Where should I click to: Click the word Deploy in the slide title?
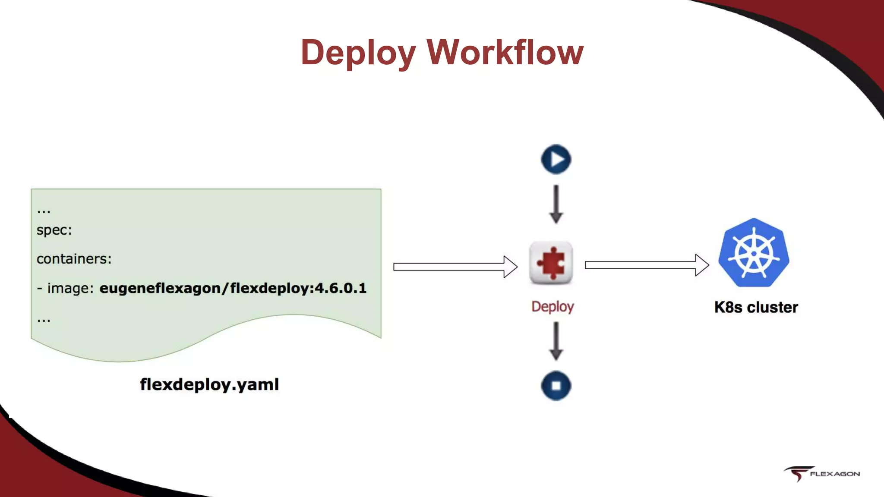tap(358, 53)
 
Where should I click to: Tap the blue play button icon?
tap(556, 159)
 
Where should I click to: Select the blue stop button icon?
tap(556, 386)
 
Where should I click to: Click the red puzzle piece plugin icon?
tap(551, 263)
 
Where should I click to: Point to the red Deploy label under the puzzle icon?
tap(552, 307)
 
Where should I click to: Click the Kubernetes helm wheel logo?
tap(754, 253)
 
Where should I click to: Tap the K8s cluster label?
tap(756, 308)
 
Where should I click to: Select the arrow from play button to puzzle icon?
tap(556, 204)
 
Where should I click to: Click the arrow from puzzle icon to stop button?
tap(556, 341)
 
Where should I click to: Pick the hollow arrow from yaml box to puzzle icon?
tap(455, 267)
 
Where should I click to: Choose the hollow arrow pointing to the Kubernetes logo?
tap(647, 265)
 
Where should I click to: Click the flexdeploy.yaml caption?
tap(209, 384)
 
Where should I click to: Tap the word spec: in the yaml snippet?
tap(54, 230)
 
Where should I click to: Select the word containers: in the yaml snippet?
tap(74, 259)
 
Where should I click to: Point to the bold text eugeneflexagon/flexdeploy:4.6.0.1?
tap(233, 288)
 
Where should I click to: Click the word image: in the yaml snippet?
tap(70, 288)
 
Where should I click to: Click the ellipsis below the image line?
tap(44, 320)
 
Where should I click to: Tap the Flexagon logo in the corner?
tap(822, 474)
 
